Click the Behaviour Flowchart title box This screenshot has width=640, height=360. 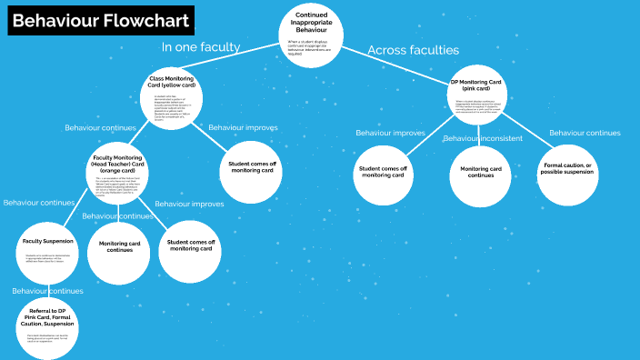(x=102, y=21)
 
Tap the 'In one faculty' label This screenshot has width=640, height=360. (x=200, y=46)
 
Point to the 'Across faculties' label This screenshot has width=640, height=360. (x=413, y=50)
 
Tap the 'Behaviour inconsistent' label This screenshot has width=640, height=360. (x=483, y=138)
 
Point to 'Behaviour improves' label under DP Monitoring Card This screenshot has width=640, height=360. (x=390, y=133)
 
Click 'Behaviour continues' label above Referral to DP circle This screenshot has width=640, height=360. (x=47, y=291)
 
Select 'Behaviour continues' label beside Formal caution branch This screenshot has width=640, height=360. (x=585, y=133)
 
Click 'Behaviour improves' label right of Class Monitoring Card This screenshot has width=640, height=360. (x=243, y=127)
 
